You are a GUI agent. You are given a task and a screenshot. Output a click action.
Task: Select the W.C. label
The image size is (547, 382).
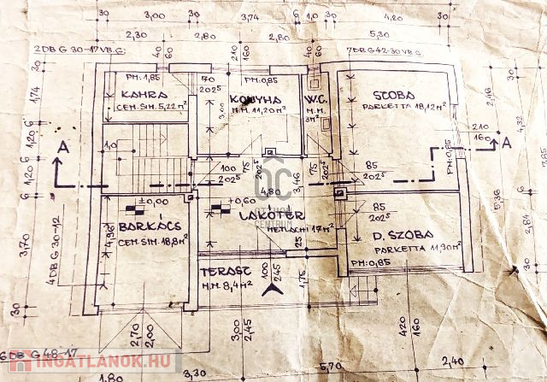tap(313, 99)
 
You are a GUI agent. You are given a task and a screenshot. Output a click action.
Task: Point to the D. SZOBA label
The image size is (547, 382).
tap(401, 234)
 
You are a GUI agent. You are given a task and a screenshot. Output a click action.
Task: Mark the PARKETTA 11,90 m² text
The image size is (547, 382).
tap(407, 246)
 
